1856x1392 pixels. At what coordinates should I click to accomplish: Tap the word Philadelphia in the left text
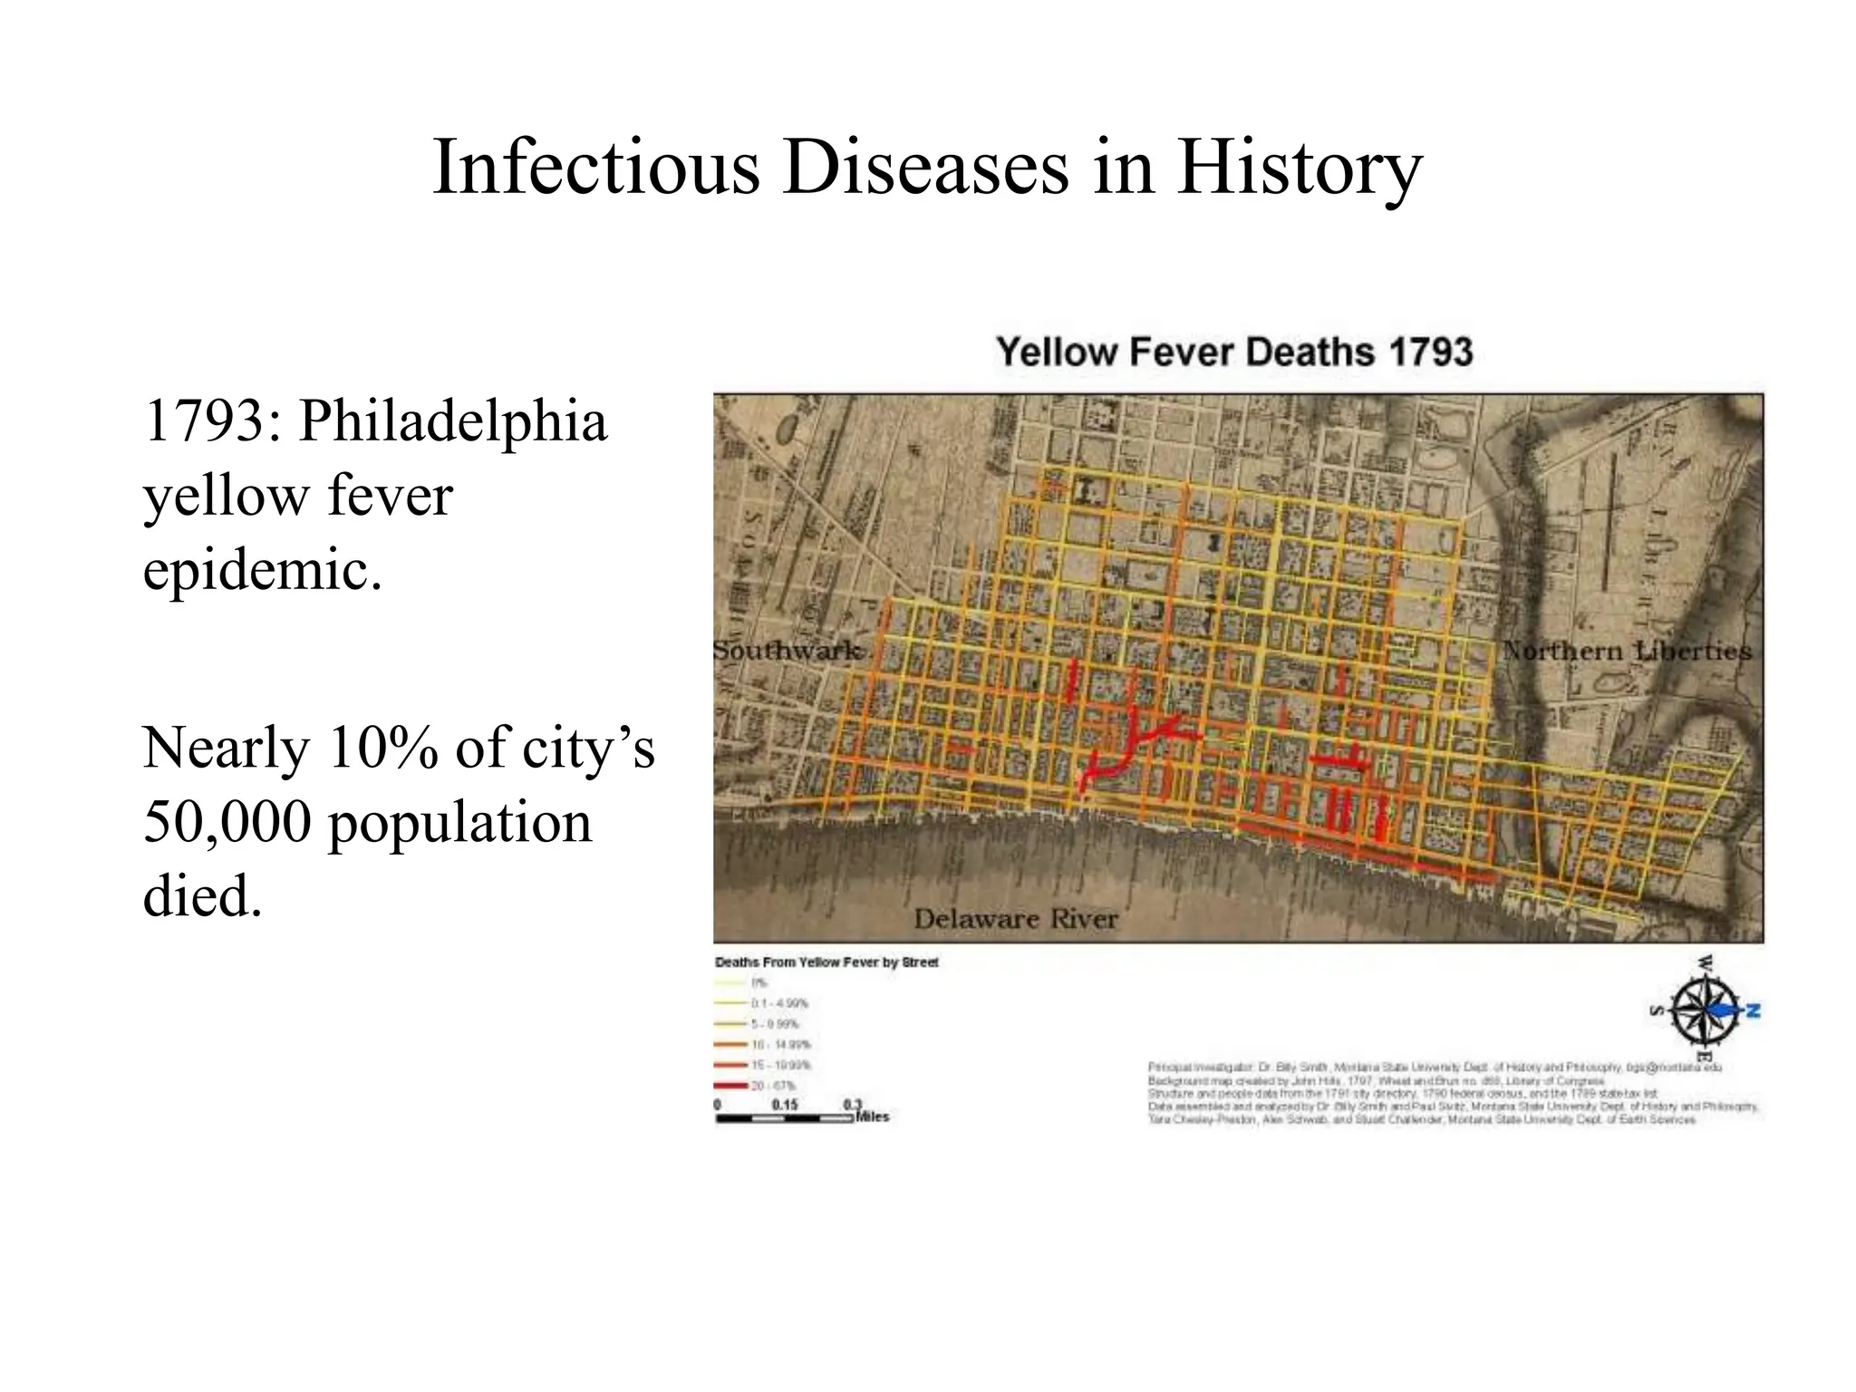click(x=453, y=422)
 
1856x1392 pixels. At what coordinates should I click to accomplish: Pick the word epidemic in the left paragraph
click(x=262, y=571)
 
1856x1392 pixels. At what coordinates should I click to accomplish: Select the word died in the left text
click(x=201, y=897)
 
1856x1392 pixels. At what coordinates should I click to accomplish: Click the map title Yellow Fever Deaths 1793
click(x=1234, y=352)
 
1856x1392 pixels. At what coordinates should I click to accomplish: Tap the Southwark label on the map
click(x=787, y=651)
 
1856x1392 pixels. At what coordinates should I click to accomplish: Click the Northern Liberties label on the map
click(x=1627, y=651)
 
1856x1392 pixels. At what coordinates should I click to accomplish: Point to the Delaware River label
click(x=1015, y=919)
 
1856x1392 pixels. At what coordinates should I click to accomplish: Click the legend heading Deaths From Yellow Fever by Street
click(x=826, y=962)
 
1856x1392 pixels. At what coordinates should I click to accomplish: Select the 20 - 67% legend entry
click(x=772, y=1086)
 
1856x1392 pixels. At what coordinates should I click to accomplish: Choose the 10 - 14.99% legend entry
click(x=779, y=1045)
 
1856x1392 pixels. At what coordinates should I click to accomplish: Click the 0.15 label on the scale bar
click(x=785, y=1106)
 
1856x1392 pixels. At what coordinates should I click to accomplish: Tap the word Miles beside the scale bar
click(x=873, y=1117)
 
